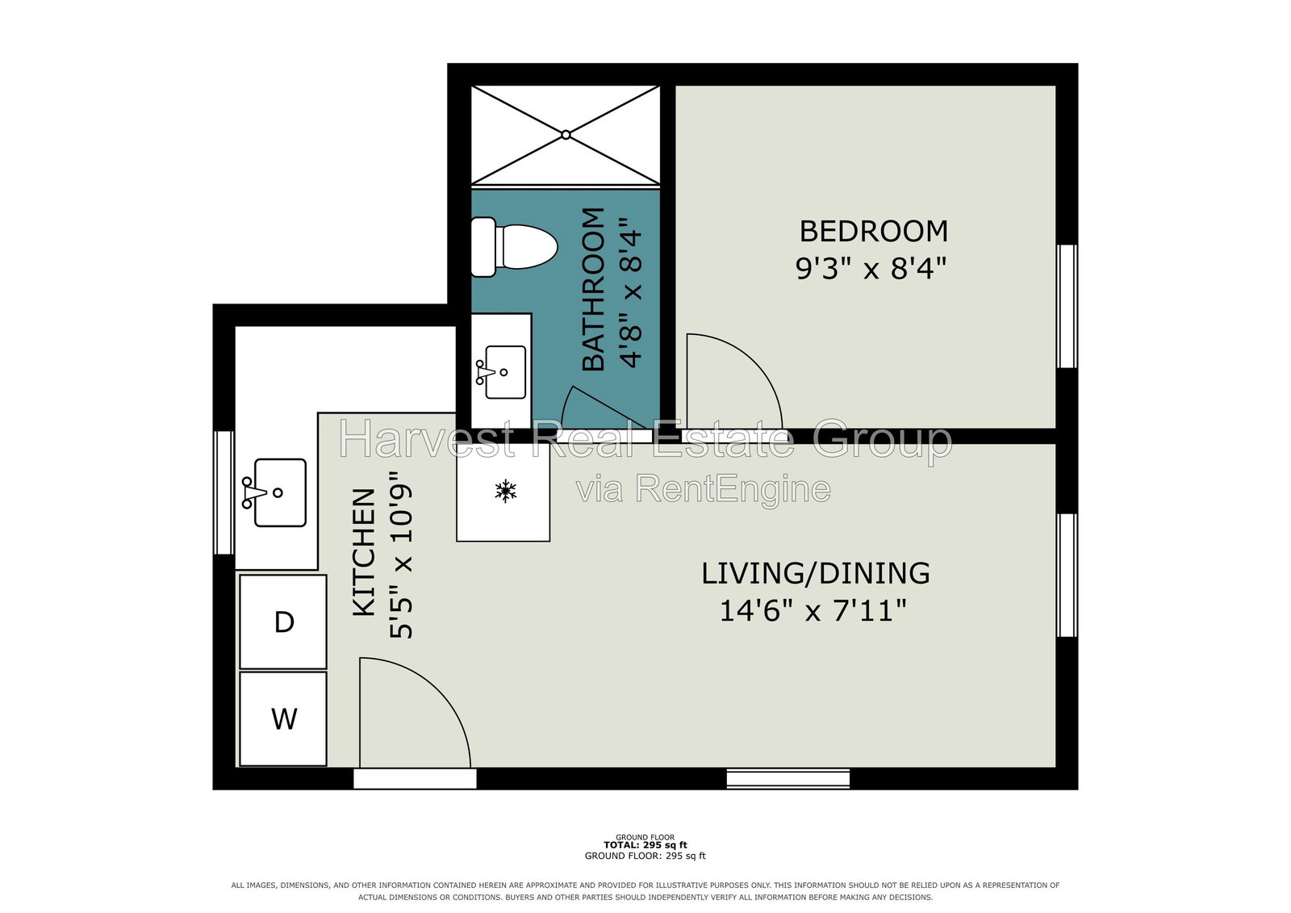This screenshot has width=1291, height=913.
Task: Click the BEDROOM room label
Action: [x=873, y=232]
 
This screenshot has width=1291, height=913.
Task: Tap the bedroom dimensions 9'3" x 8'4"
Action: [x=871, y=268]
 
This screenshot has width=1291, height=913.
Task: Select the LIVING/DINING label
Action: [x=816, y=573]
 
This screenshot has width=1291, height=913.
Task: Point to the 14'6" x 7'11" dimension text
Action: [x=813, y=610]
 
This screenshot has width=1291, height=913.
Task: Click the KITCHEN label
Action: [x=364, y=552]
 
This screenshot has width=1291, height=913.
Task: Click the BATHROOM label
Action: [x=593, y=289]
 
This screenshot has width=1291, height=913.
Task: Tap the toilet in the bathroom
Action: [x=514, y=247]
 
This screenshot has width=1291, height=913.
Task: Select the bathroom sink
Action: [x=501, y=372]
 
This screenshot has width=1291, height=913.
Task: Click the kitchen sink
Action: [x=275, y=492]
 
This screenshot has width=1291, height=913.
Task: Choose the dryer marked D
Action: [x=283, y=622]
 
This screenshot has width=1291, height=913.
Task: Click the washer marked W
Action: [x=283, y=718]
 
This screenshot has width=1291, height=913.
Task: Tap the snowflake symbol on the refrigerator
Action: [x=505, y=491]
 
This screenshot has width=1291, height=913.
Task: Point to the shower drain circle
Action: [x=566, y=135]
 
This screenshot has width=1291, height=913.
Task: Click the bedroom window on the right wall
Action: [x=1067, y=306]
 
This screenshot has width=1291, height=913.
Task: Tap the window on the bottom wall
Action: [x=788, y=779]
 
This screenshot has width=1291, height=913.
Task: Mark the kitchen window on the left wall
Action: [x=224, y=492]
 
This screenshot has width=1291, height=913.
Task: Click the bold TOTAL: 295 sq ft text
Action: [x=645, y=845]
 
